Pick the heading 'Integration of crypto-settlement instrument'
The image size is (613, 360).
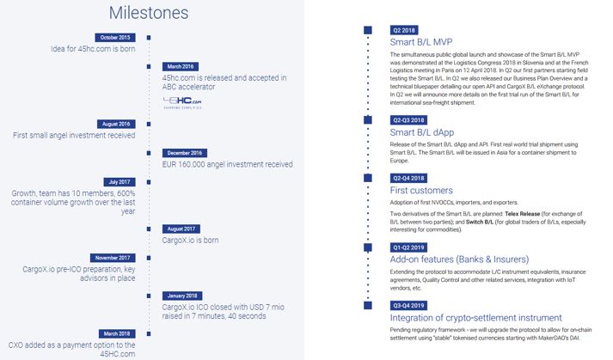(x=475, y=316)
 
